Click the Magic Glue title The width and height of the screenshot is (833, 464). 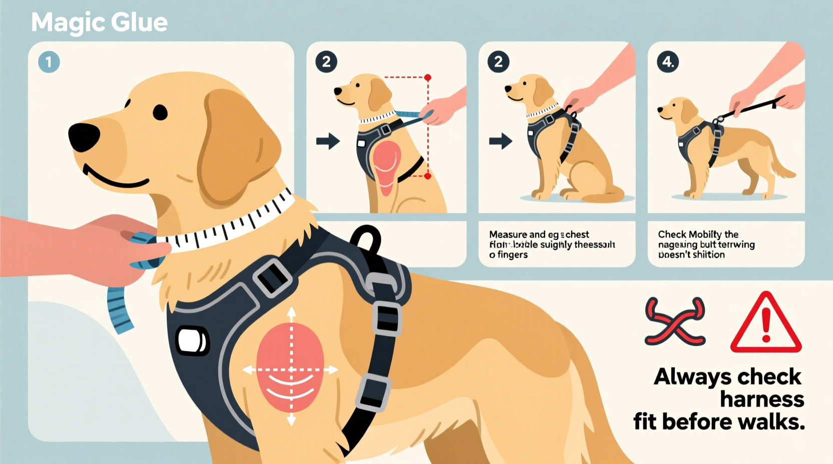coord(99,22)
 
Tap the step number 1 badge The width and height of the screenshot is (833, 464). coord(49,62)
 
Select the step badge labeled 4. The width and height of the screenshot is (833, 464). coord(668,62)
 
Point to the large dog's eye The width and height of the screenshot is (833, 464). coord(160,112)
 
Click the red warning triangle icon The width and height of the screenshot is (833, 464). coord(765,324)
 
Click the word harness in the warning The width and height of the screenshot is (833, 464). coord(762,399)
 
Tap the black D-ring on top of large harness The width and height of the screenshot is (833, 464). coord(366,238)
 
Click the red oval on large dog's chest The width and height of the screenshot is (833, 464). coord(290,367)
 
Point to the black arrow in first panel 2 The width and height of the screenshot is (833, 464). coord(328,141)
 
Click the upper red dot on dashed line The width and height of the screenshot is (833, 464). coord(428,77)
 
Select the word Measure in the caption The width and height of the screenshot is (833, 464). coord(508,234)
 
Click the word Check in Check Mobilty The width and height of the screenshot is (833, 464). coord(672,234)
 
